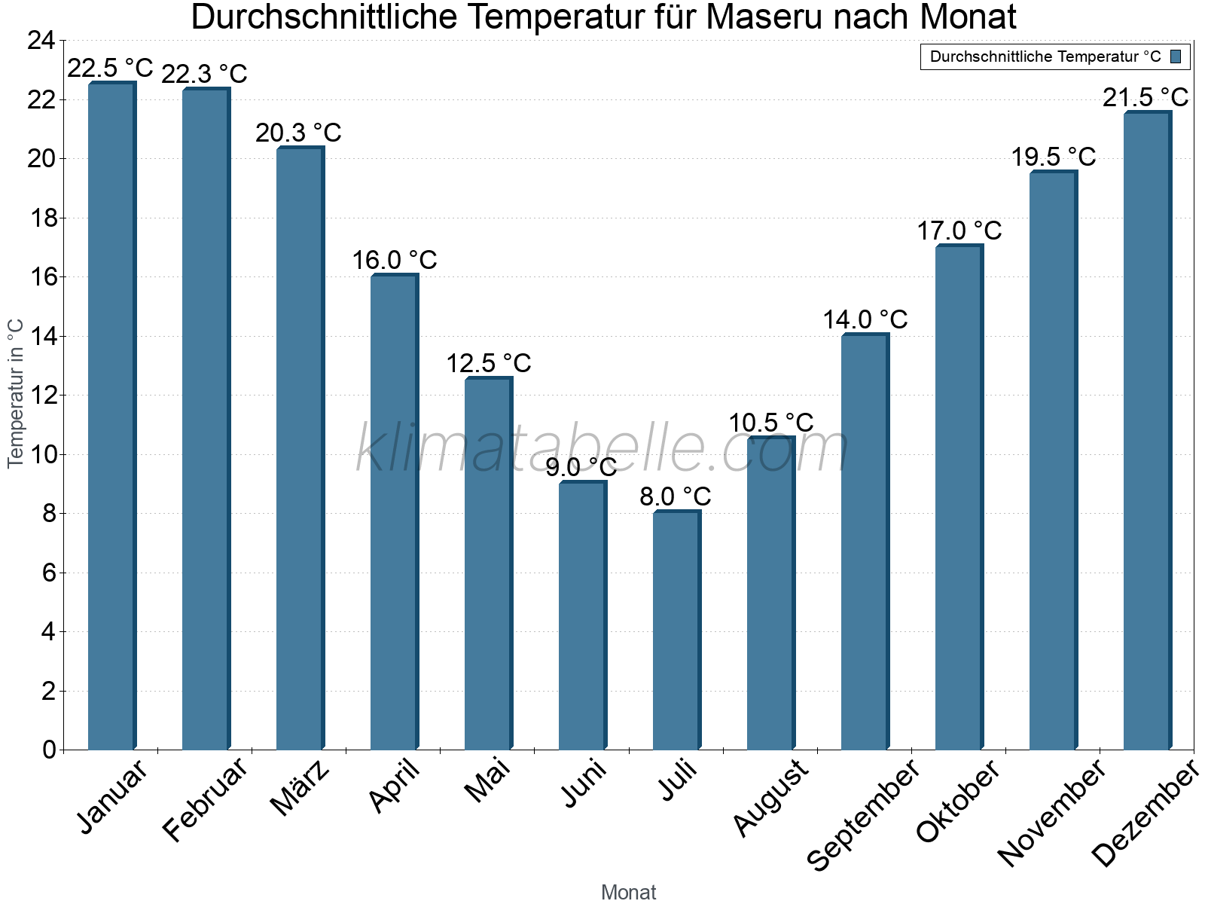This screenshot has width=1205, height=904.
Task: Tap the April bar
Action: (394, 512)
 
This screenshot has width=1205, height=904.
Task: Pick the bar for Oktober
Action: (959, 497)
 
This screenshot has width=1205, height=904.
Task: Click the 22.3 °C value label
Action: (204, 74)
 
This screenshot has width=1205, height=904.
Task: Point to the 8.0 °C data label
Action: (676, 496)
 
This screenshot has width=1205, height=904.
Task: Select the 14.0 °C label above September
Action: (865, 319)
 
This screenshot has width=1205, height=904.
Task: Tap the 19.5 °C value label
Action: (1053, 157)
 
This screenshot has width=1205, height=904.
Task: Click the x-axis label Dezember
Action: (1146, 814)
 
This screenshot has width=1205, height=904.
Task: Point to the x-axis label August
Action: (770, 798)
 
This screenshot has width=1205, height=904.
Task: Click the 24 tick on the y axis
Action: (41, 41)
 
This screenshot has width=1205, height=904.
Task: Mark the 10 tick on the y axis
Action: (41, 454)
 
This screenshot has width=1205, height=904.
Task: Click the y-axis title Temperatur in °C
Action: (16, 393)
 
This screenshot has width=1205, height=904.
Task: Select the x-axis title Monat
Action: (628, 892)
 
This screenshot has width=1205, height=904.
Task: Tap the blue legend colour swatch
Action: (1176, 56)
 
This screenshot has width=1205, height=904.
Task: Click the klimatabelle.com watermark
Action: (602, 449)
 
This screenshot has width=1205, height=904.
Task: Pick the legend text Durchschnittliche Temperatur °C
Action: (1045, 56)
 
